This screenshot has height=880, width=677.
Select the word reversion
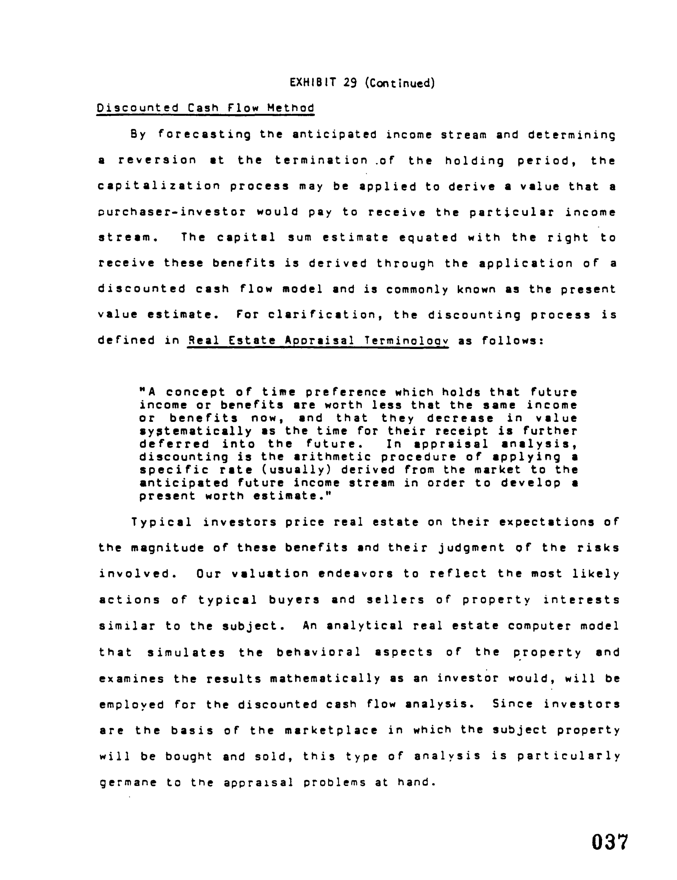[x=157, y=160]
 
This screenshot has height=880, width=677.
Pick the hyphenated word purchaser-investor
[x=172, y=212]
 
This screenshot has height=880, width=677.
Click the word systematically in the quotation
[x=195, y=431]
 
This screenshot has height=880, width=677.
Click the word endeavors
[x=356, y=574]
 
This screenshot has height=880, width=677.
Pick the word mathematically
[x=325, y=679]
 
